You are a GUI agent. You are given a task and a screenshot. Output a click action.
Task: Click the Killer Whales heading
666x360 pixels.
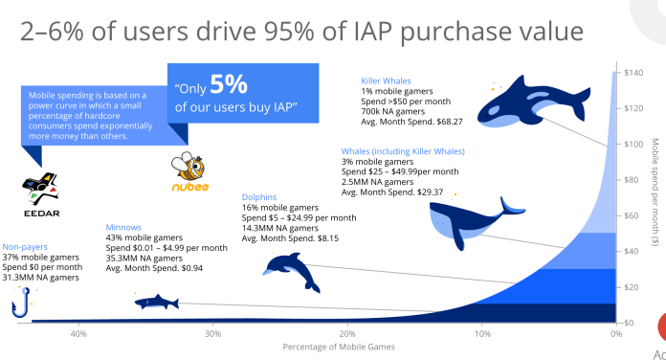point(388,80)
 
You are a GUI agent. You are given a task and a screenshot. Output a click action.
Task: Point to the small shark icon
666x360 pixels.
point(154,303)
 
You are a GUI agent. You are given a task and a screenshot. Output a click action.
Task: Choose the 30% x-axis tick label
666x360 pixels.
point(213,334)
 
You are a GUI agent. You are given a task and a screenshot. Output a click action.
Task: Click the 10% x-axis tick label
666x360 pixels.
point(482,334)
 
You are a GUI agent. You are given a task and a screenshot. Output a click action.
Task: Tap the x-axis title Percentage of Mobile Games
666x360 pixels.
point(331,347)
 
